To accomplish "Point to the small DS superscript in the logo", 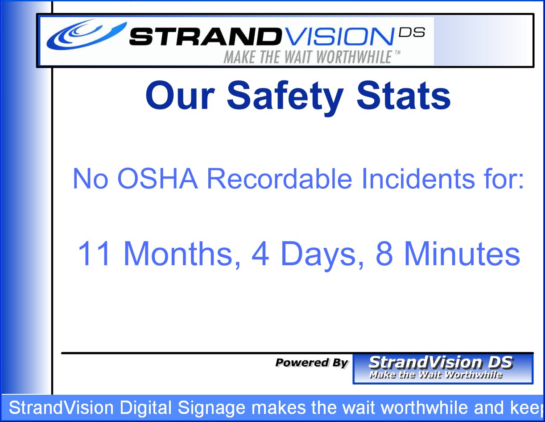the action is pyautogui.click(x=412, y=32).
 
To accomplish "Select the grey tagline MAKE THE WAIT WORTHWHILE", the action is pyautogui.click(x=308, y=57).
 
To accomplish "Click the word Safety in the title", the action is pyautogui.click(x=285, y=97).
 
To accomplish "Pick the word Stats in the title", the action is pyautogui.click(x=404, y=96).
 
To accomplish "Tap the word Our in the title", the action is pyautogui.click(x=180, y=96).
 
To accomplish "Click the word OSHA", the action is pyautogui.click(x=157, y=179).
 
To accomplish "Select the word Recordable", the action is pyautogui.click(x=280, y=178).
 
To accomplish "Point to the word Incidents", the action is pyautogui.click(x=418, y=178).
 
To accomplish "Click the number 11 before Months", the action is pyautogui.click(x=94, y=253).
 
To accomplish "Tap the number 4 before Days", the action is pyautogui.click(x=260, y=253).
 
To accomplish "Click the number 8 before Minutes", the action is pyautogui.click(x=384, y=253).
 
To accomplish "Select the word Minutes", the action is pyautogui.click(x=462, y=253).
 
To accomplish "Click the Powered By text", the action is pyautogui.click(x=312, y=363).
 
